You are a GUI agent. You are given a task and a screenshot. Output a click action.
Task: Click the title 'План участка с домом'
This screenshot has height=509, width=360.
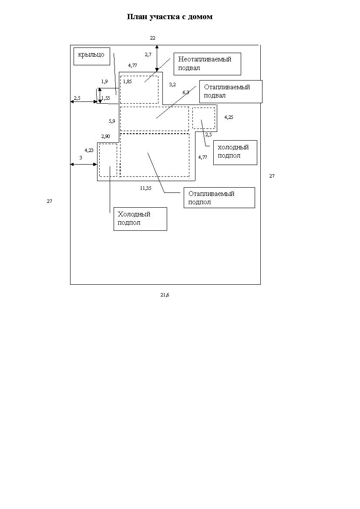click(169, 17)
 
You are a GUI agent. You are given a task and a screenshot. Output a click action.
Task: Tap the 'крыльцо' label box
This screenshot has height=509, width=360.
click(92, 57)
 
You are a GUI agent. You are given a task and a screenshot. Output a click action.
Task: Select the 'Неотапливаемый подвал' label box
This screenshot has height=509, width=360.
click(207, 64)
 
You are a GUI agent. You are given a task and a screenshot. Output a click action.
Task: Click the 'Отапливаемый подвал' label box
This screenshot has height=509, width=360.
click(231, 91)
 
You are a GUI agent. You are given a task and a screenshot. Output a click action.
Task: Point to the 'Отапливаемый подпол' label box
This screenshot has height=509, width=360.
click(219, 198)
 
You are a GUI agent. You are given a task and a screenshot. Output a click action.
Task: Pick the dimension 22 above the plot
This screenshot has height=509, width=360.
click(152, 38)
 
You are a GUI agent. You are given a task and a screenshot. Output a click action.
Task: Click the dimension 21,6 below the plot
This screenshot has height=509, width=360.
click(165, 295)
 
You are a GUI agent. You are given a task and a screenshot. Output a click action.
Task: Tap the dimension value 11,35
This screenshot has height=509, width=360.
click(145, 188)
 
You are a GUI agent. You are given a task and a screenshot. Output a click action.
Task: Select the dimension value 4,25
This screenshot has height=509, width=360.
click(229, 117)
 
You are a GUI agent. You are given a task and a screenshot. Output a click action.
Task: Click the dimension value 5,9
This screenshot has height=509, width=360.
click(112, 121)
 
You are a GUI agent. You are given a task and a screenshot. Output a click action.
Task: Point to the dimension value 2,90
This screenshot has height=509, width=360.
click(106, 136)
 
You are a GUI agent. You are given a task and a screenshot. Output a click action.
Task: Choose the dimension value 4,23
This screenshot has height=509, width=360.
click(89, 150)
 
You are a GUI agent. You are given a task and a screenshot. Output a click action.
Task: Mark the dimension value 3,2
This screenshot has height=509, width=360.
click(172, 85)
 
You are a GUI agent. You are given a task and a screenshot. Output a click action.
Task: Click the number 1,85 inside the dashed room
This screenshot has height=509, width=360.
click(127, 81)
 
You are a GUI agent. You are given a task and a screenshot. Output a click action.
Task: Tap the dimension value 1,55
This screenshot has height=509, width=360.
click(105, 98)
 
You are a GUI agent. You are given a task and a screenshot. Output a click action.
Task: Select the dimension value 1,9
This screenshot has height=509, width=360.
click(104, 81)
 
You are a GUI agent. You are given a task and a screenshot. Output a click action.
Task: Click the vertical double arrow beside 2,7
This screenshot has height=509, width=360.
click(157, 58)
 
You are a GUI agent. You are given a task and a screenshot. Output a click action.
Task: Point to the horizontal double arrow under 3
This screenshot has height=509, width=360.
click(84, 165)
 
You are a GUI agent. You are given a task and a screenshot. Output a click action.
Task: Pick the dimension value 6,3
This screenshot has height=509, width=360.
click(186, 92)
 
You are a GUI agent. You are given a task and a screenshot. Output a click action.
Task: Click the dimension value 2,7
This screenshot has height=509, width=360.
click(148, 54)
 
